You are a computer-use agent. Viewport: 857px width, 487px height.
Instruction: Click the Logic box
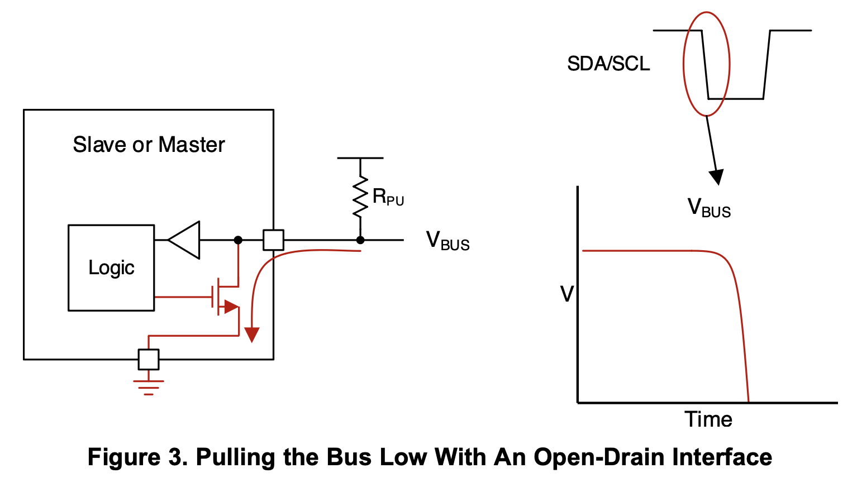[x=111, y=268]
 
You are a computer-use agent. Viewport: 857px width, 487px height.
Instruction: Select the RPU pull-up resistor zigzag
[x=360, y=197]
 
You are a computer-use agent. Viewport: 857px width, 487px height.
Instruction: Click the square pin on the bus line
[x=273, y=240]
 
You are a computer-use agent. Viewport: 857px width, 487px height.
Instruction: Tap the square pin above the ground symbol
[x=149, y=359]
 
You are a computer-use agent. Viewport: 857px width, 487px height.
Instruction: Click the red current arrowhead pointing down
[x=252, y=334]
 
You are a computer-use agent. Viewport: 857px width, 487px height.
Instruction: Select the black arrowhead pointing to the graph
[x=716, y=176]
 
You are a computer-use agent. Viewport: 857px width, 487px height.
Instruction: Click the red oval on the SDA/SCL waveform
[x=707, y=64]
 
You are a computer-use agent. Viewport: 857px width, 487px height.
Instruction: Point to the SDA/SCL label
[x=608, y=64]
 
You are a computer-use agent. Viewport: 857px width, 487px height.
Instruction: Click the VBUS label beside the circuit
[x=447, y=241]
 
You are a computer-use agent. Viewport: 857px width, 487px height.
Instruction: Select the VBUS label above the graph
[x=709, y=208]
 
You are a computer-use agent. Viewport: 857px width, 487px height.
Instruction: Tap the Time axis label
[x=708, y=419]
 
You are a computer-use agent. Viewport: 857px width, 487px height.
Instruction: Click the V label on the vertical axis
[x=567, y=294]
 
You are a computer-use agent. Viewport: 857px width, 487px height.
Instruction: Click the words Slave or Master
[x=149, y=145]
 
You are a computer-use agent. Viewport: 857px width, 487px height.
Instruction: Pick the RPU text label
[x=388, y=197]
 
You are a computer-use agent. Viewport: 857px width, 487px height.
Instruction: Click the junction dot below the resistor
[x=360, y=240]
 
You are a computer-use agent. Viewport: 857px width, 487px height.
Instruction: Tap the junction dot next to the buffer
[x=238, y=240]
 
